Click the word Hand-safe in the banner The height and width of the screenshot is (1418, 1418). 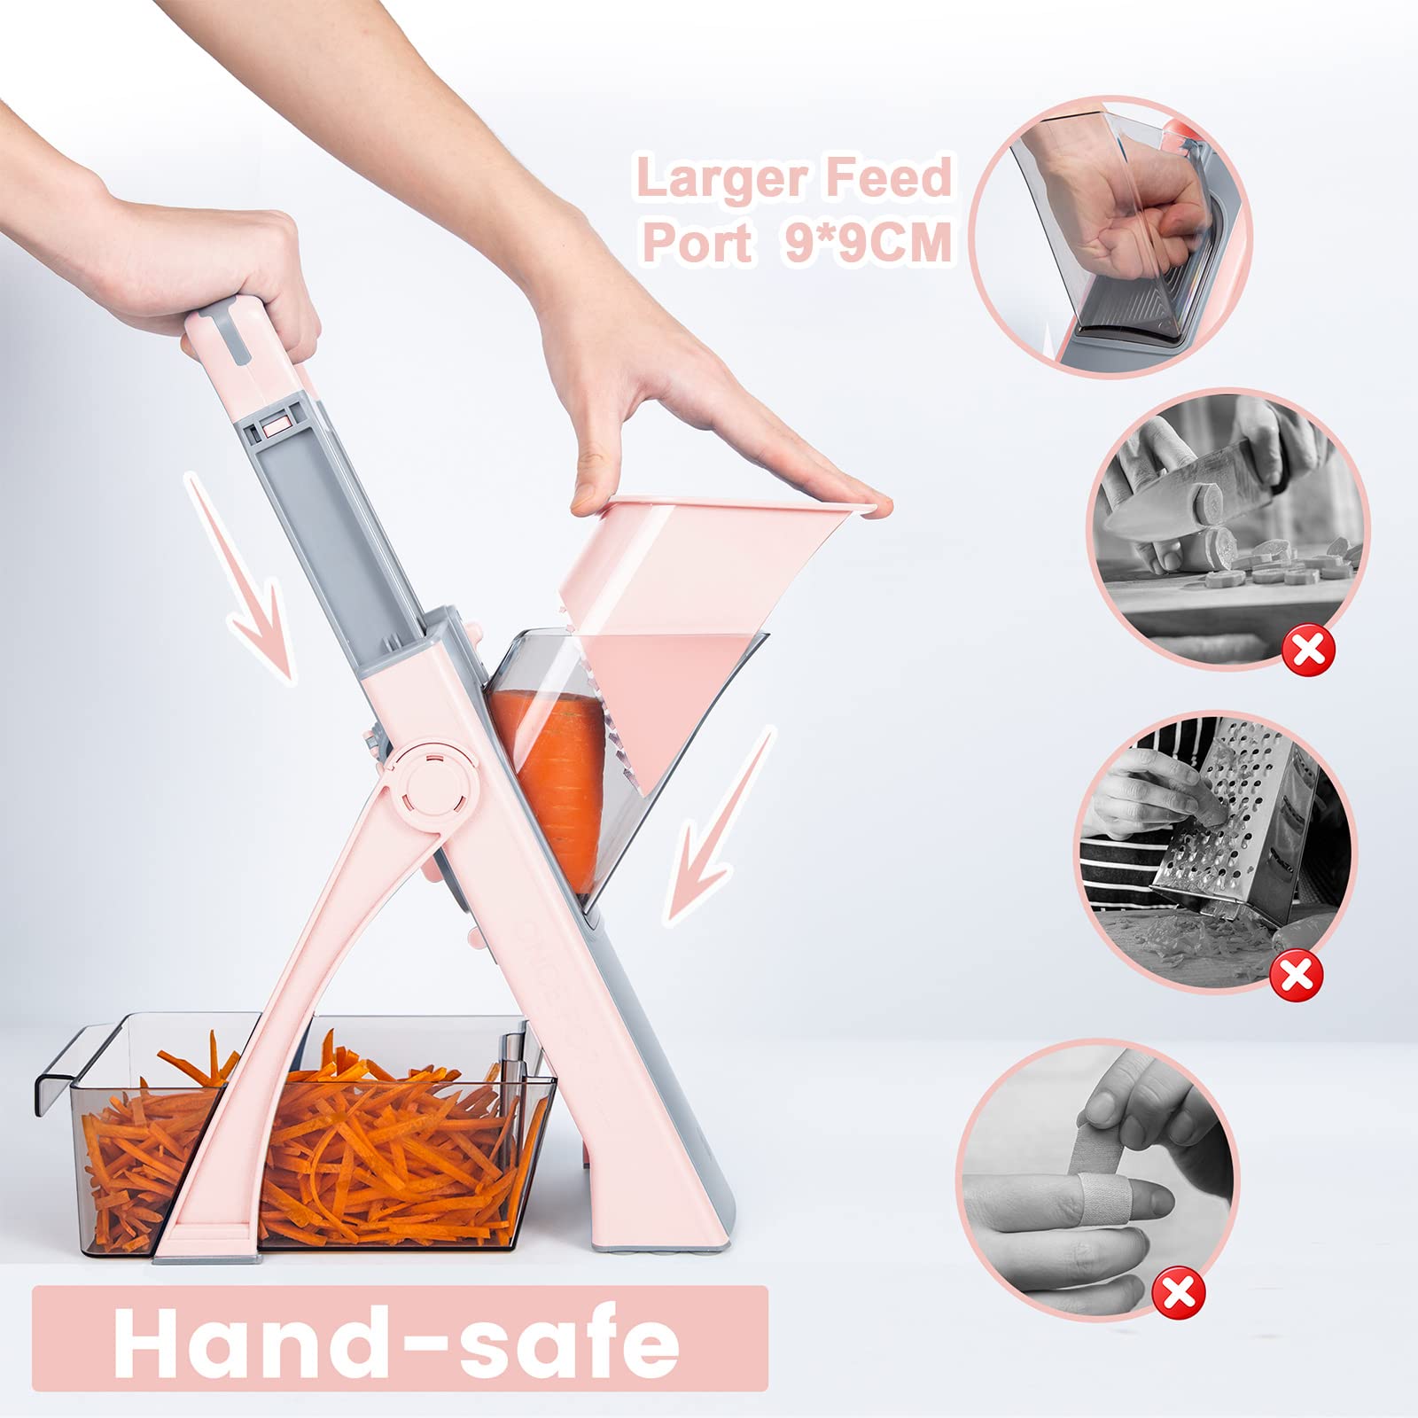(x=396, y=1338)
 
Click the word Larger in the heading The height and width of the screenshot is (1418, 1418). (x=713, y=179)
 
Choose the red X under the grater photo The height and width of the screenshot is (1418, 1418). (x=1296, y=975)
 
